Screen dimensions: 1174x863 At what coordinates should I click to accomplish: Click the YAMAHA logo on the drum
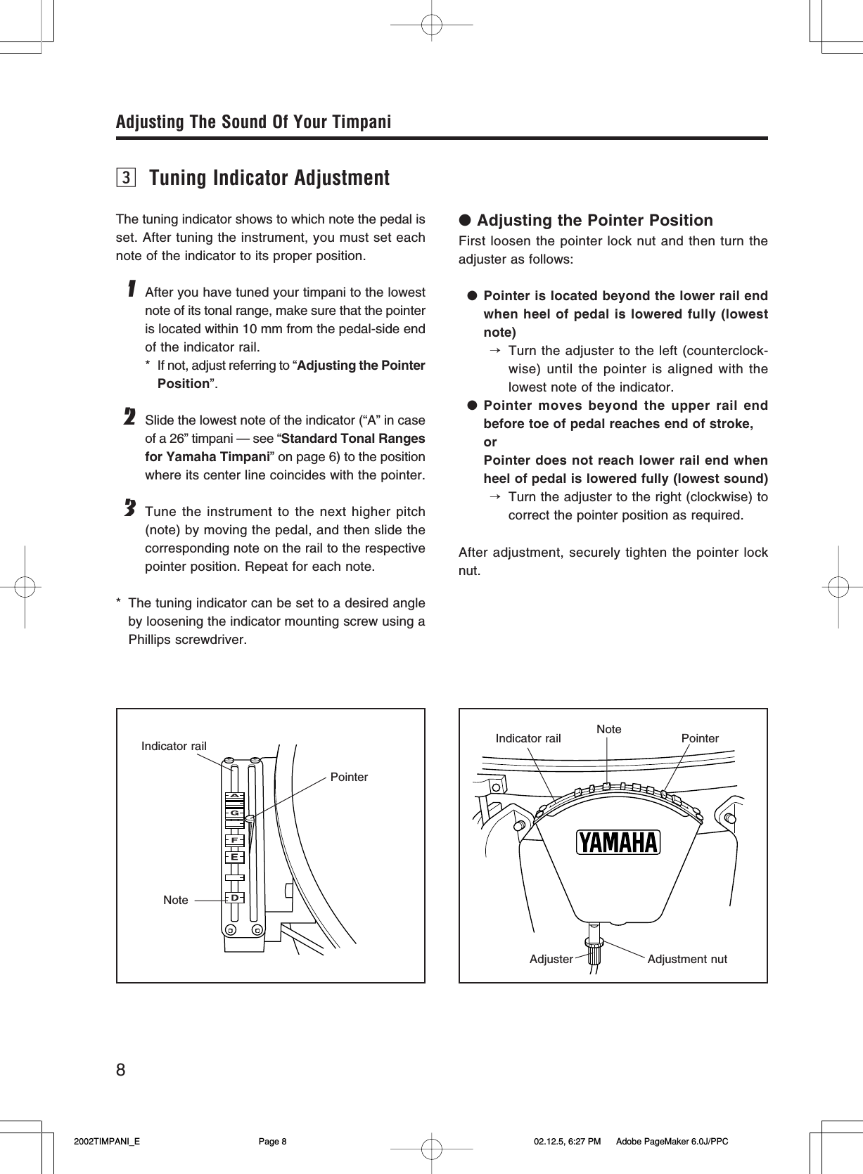tap(618, 842)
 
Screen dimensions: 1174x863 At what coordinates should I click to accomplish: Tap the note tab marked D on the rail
tap(234, 898)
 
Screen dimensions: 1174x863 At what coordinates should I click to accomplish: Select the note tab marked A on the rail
tap(234, 796)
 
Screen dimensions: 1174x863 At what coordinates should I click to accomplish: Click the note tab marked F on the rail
tap(234, 840)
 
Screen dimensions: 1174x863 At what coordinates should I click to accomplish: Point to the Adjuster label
tap(551, 959)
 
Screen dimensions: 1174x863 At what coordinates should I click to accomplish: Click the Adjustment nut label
tap(687, 959)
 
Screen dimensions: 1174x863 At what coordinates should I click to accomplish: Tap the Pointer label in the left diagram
tap(349, 777)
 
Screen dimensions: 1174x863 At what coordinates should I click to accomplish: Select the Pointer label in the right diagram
tap(700, 738)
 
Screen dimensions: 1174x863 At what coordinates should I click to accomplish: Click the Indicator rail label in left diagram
tap(174, 746)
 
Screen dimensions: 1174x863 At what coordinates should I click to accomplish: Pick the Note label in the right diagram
tap(608, 729)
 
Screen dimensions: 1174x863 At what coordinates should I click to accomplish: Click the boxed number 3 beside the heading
tap(126, 178)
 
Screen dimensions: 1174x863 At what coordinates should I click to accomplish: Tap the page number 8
tap(121, 1070)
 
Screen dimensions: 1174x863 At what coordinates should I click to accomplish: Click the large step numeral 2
tap(129, 417)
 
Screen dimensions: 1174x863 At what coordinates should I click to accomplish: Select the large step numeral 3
tap(129, 508)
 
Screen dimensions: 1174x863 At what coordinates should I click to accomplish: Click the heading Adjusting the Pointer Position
tap(594, 220)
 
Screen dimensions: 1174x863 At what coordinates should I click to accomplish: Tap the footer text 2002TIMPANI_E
tap(107, 1142)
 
